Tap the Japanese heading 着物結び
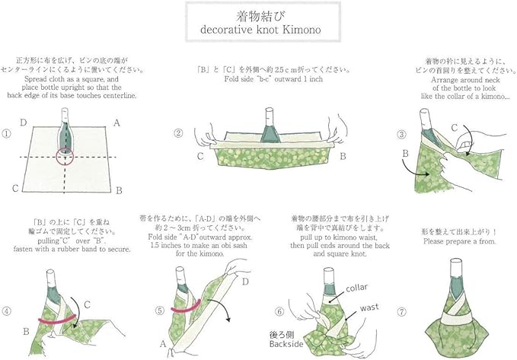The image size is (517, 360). pos(258,16)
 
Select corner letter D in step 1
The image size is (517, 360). pos(24,121)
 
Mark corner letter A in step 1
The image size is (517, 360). pos(116,122)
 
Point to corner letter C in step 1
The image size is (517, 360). pos(14,188)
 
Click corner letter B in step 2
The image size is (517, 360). pos(343,156)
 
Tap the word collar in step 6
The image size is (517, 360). pos(356,288)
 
